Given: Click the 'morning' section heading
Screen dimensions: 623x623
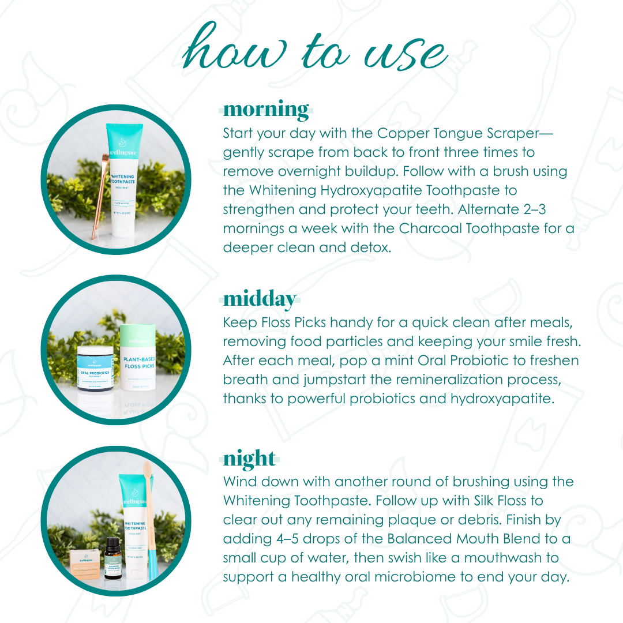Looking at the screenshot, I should (266, 109).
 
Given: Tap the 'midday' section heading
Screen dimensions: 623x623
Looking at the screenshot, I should (260, 299).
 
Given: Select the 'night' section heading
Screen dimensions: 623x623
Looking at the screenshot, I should (249, 459).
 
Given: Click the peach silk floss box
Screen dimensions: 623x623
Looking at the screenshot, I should (83, 560).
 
